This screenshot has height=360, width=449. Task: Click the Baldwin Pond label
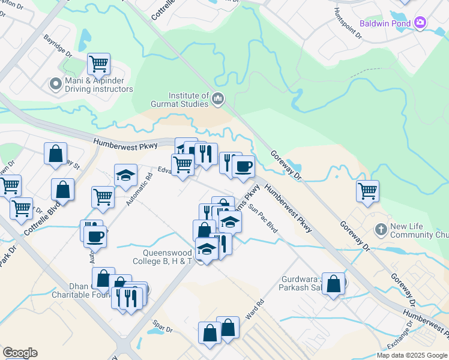[385, 24]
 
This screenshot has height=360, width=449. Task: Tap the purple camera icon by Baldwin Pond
[421, 23]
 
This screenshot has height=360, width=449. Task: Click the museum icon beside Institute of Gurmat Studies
[218, 98]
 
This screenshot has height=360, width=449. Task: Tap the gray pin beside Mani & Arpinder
[56, 84]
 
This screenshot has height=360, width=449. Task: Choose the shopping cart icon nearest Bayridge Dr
[98, 63]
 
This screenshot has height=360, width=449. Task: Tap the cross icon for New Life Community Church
[380, 229]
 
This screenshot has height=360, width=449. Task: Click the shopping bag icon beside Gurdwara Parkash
[334, 284]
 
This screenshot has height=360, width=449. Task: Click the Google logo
[20, 353]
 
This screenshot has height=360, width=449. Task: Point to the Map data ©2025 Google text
[411, 355]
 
